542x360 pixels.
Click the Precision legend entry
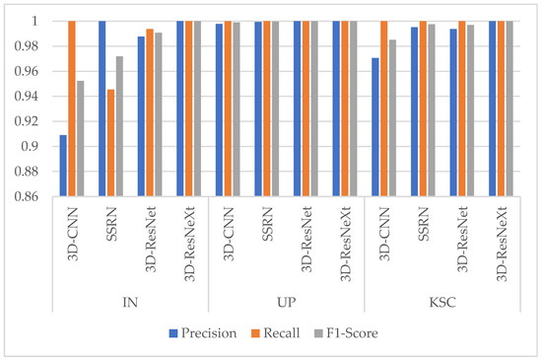point(203,332)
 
